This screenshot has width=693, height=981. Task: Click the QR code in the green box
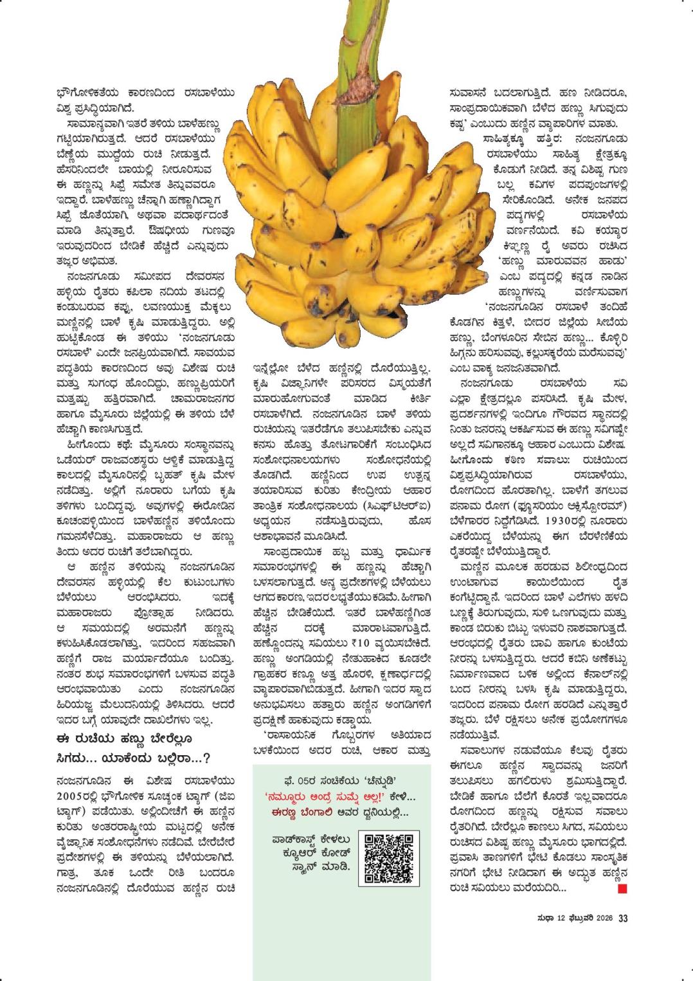click(x=389, y=857)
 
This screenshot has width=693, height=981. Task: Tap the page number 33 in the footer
click(x=622, y=919)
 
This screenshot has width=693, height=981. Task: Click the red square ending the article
click(x=622, y=889)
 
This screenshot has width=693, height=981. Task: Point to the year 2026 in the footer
click(x=603, y=919)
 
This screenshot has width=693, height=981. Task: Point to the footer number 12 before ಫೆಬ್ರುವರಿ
click(x=561, y=919)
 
